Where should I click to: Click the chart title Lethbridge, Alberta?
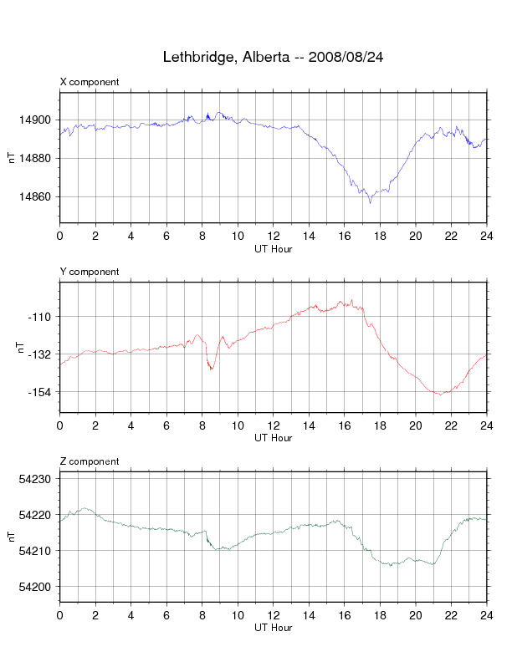[x=273, y=58]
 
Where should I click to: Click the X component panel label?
[x=90, y=82]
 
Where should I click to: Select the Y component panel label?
[x=90, y=272]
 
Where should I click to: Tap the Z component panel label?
[x=90, y=461]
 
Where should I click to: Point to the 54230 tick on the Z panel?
[x=38, y=479]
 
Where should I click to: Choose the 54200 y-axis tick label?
[x=38, y=587]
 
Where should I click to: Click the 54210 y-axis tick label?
[x=38, y=551]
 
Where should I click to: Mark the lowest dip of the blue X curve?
[x=370, y=202]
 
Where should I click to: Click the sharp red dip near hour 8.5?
[x=212, y=369]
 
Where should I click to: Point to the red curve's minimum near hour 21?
[x=440, y=395]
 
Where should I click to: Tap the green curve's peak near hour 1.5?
[x=84, y=508]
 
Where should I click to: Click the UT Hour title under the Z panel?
[x=273, y=628]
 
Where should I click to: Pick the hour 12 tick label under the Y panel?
[x=274, y=425]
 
